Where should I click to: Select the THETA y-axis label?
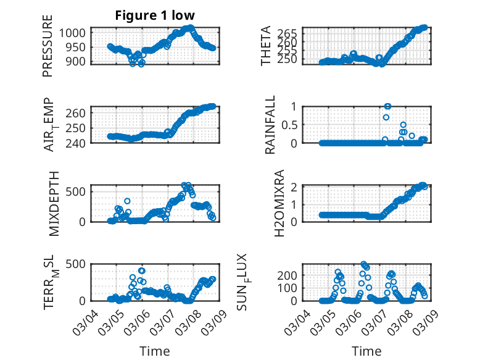266,46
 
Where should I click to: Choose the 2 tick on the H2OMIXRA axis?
296,186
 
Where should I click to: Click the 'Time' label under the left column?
154,351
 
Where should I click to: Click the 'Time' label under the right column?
366,351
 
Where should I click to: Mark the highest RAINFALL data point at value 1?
387,106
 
